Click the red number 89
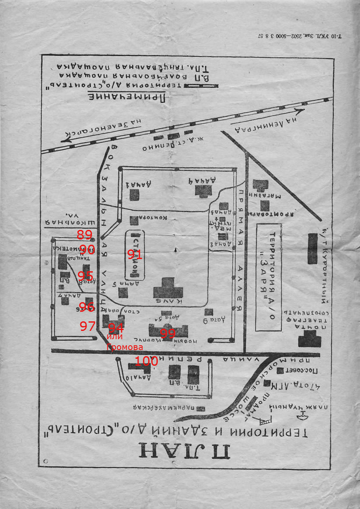coord(85,235)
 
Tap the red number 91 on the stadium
coord(135,255)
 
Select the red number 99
coord(167,334)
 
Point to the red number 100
coord(146,361)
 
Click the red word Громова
coord(125,347)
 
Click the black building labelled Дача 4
coord(204,191)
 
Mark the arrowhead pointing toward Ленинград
coord(298,110)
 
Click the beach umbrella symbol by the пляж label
coord(302,417)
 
